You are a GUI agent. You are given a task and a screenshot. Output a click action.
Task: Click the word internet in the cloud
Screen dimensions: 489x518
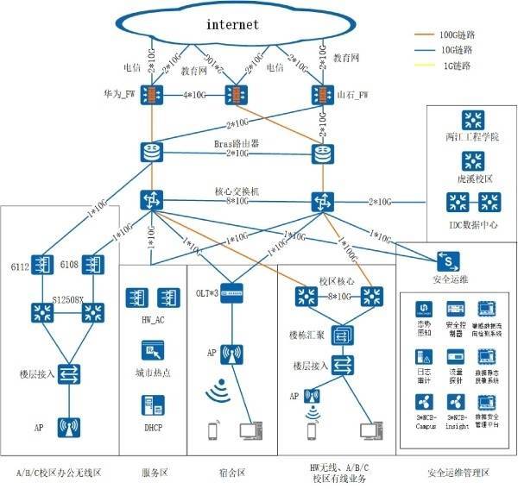(232, 24)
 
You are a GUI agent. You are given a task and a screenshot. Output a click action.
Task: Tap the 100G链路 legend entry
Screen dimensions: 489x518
(458, 35)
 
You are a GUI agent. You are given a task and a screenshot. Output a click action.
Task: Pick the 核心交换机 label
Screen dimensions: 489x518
(237, 190)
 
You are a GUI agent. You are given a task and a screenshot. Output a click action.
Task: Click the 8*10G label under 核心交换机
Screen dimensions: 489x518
(237, 202)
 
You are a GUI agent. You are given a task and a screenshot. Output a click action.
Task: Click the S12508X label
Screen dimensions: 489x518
(69, 299)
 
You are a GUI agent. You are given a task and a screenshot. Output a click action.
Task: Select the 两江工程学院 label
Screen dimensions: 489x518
(472, 137)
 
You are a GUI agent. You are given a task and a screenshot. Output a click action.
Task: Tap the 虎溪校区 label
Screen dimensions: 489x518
(472, 178)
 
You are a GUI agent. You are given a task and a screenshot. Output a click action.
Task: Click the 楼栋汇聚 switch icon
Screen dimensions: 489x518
(343, 335)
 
